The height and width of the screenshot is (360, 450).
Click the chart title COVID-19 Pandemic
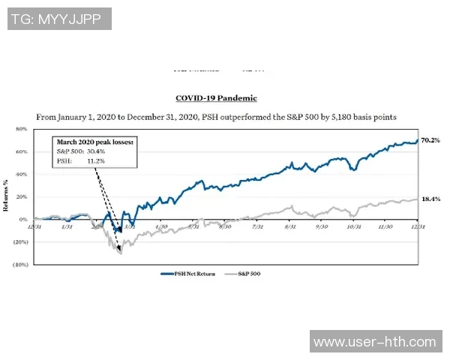(x=215, y=98)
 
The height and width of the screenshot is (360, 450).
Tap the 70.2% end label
(x=431, y=140)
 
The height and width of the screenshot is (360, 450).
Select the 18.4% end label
(x=431, y=199)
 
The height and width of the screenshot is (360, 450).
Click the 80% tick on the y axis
(x=20, y=129)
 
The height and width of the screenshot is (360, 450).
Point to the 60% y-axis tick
(x=20, y=151)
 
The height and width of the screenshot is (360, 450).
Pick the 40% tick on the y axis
(x=20, y=174)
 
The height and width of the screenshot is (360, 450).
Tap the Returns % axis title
(x=8, y=197)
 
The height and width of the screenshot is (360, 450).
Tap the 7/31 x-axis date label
(x=257, y=226)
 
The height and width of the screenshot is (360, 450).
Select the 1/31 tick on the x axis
(x=65, y=226)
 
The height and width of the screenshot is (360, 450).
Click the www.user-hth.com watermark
(x=374, y=342)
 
